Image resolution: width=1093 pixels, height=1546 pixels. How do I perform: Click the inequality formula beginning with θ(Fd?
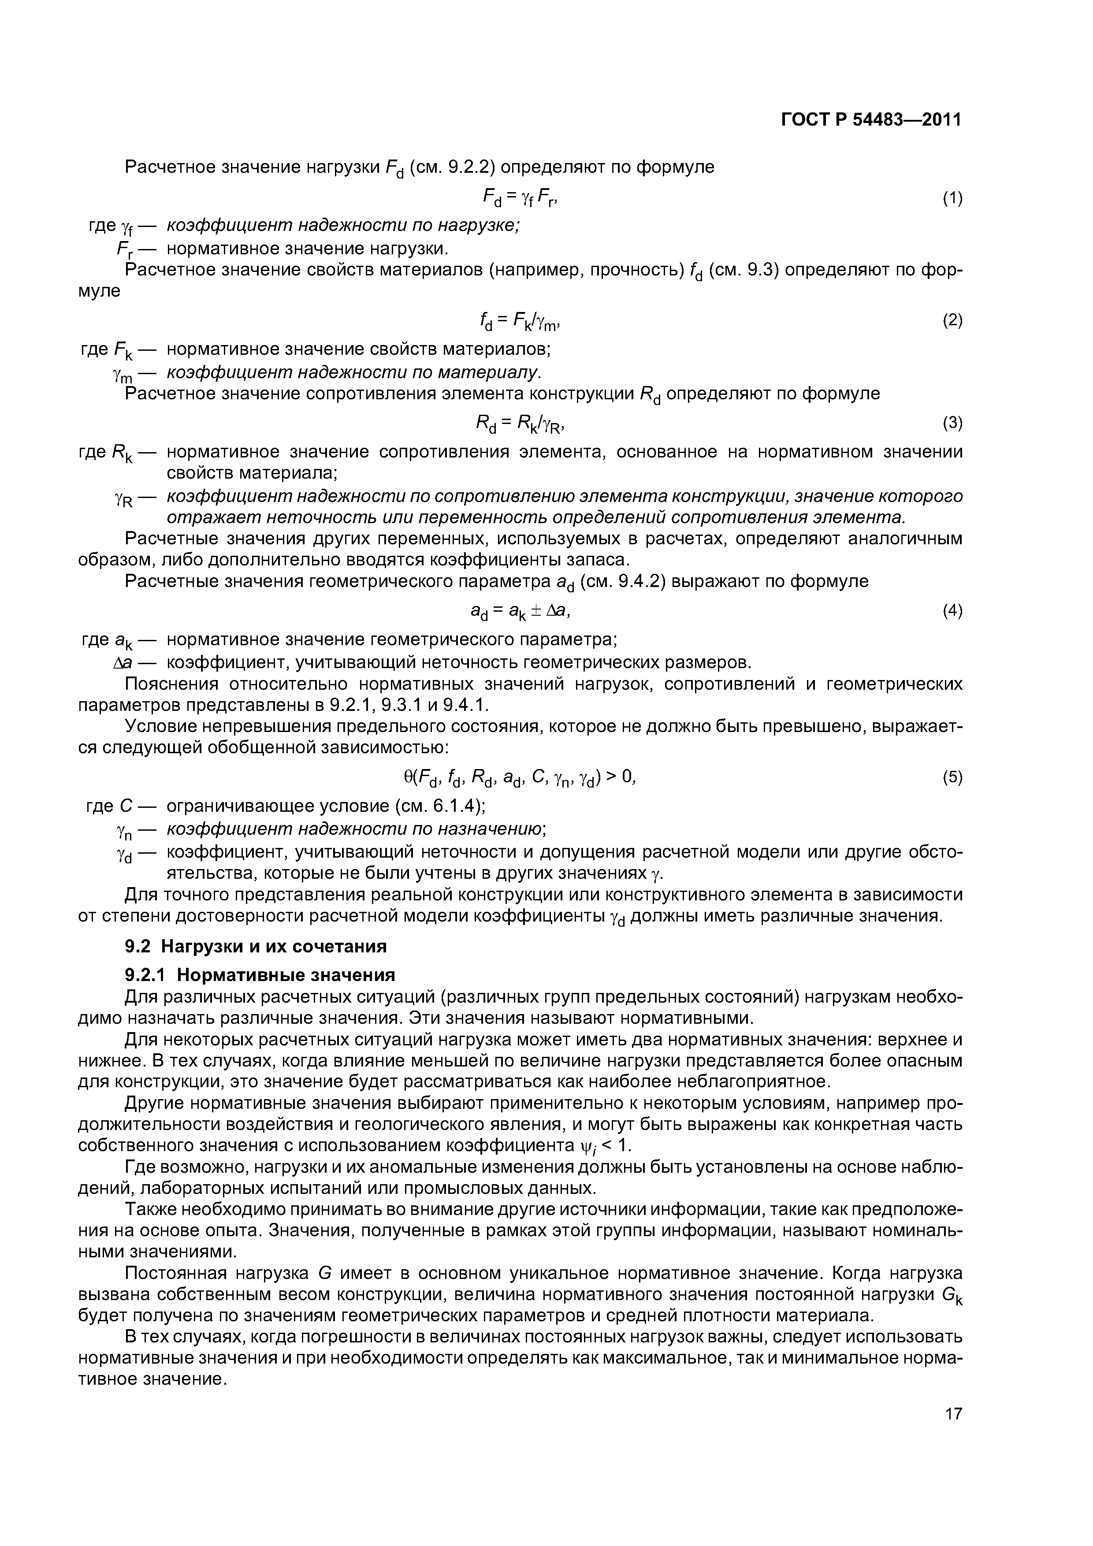[x=519, y=778]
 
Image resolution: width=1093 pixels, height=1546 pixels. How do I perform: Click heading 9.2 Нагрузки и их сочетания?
[x=256, y=946]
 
